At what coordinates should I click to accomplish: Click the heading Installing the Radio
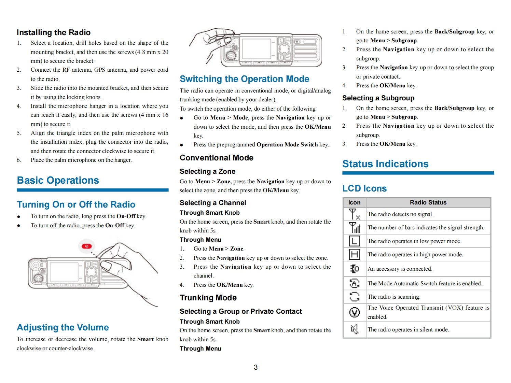tap(54, 32)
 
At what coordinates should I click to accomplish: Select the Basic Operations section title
tap(58, 180)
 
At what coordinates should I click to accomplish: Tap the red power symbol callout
tap(87, 246)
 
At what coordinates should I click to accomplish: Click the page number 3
tap(255, 367)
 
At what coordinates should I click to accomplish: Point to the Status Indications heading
tap(385, 164)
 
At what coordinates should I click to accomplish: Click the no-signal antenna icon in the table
tap(355, 214)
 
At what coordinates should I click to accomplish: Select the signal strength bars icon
tap(355, 228)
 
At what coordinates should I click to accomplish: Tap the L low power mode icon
tap(355, 241)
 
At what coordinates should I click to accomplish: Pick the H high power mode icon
tap(355, 254)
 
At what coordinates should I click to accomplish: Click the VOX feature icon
tap(355, 312)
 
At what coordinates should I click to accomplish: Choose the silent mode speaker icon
tap(355, 329)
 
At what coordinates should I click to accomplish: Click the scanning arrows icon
tap(355, 297)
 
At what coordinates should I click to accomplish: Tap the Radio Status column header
tap(428, 202)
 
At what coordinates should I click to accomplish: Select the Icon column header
tap(354, 202)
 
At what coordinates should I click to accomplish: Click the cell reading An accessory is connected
tap(400, 269)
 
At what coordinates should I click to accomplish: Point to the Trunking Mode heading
tap(208, 298)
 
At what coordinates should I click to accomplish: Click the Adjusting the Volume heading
tap(63, 327)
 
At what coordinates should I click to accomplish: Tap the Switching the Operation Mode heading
tap(245, 79)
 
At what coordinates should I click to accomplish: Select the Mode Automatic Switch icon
tap(355, 283)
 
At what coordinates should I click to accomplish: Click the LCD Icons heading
tap(364, 188)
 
